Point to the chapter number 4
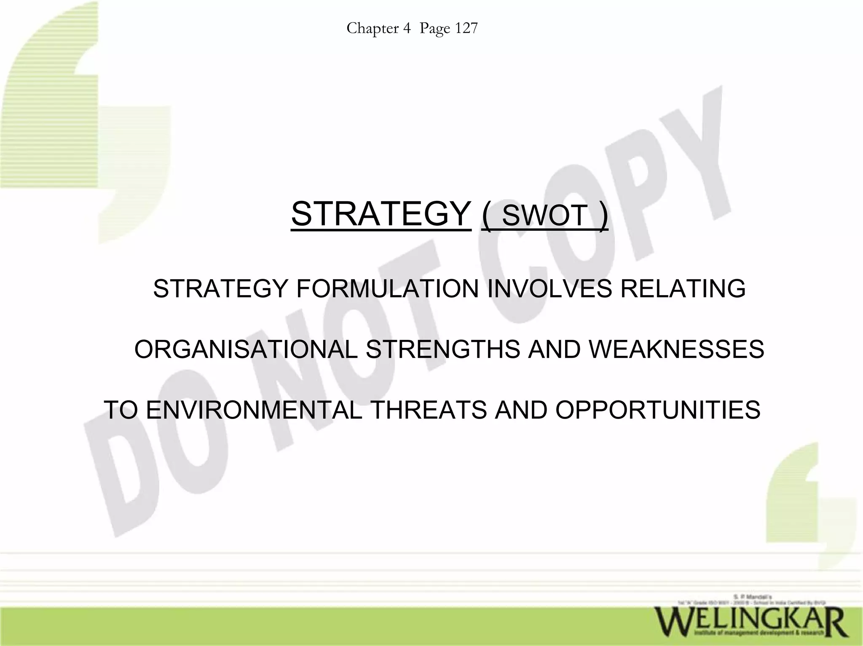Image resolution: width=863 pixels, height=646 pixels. [x=407, y=28]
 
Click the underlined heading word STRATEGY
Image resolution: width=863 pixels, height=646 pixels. [x=381, y=214]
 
